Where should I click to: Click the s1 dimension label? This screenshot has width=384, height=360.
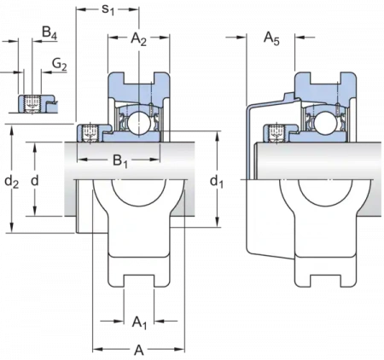tap(108, 9)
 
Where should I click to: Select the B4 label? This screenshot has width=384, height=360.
tap(49, 32)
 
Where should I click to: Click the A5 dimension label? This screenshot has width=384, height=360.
tap(271, 38)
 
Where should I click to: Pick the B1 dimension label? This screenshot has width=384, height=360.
tap(120, 161)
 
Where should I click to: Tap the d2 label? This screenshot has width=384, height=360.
tap(12, 182)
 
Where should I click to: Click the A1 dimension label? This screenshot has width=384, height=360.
tap(140, 322)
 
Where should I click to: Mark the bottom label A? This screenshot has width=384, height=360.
tap(139, 350)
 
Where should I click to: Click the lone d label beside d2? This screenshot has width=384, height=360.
tap(35, 180)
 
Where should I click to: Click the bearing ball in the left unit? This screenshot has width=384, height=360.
tap(137, 121)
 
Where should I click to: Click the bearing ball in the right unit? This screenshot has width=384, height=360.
tap(324, 121)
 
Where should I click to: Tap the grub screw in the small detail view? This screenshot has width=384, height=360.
tap(32, 104)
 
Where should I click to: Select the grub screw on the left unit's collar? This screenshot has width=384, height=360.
tap(90, 133)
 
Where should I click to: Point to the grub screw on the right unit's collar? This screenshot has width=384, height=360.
tap(276, 133)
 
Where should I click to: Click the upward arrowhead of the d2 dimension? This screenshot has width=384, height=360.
tap(12, 131)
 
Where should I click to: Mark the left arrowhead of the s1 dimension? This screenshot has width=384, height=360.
tap(81, 9)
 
